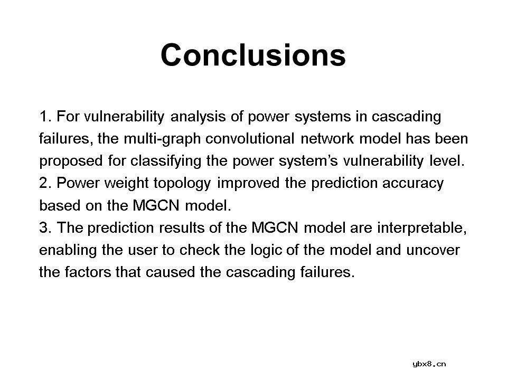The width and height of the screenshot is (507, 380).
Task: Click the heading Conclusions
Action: (x=253, y=55)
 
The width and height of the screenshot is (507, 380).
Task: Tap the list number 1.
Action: (x=45, y=117)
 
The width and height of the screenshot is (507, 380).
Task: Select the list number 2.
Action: (x=45, y=183)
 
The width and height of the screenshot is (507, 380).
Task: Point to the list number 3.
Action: (x=45, y=228)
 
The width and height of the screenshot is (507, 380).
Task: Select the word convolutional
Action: (x=250, y=139)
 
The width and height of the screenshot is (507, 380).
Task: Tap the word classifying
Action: (x=166, y=161)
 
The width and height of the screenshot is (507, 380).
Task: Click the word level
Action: (x=447, y=161)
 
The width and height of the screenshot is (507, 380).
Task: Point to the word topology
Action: (x=182, y=184)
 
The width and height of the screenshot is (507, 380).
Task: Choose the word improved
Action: (x=248, y=184)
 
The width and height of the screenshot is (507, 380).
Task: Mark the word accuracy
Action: (x=413, y=184)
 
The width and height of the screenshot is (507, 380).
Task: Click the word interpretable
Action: (x=422, y=228)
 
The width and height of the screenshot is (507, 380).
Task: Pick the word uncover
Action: (x=433, y=250)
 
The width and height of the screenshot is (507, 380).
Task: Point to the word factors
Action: (x=88, y=272)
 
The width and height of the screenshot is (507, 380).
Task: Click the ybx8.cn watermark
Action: (x=429, y=364)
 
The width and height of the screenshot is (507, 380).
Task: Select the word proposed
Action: (x=71, y=161)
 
